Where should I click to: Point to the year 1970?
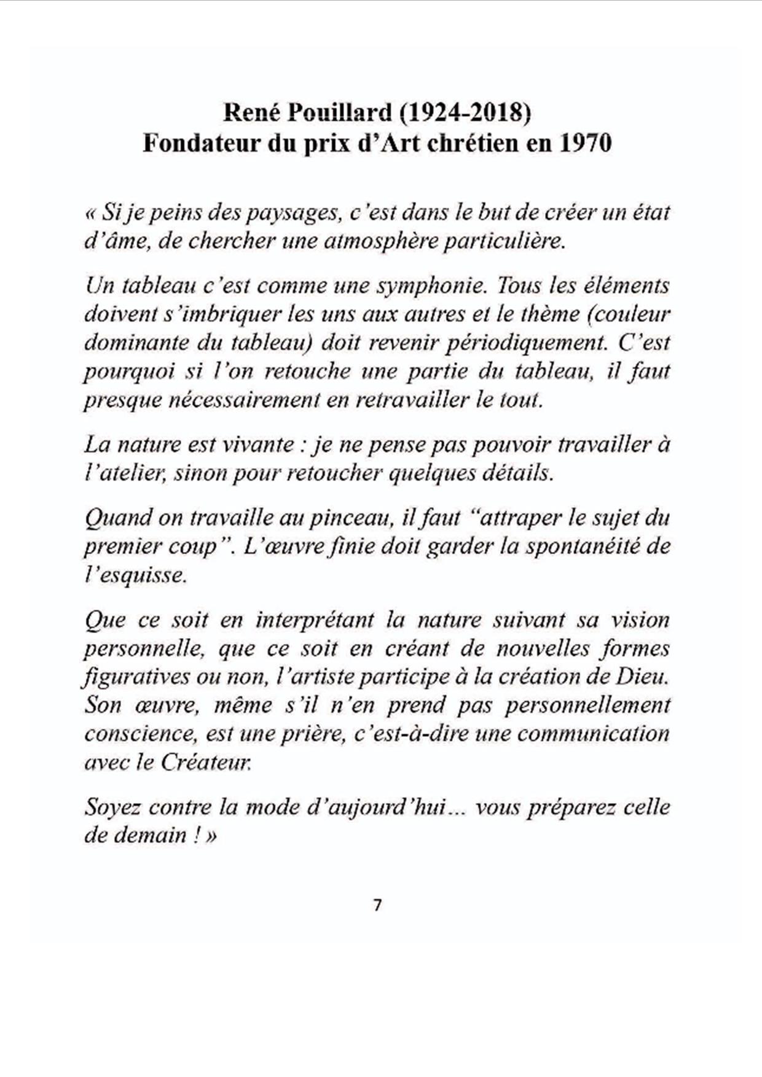point(586,143)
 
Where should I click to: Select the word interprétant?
point(315,620)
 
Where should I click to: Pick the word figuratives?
point(136,677)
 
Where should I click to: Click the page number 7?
point(377,905)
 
